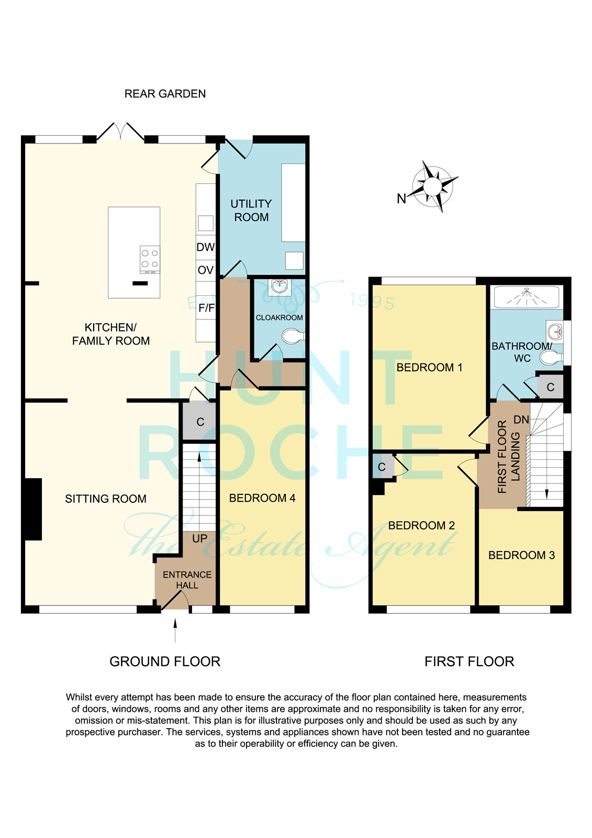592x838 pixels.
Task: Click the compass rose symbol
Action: click(433, 186)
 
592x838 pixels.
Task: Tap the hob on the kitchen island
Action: click(150, 259)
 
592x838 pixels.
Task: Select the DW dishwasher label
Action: click(205, 247)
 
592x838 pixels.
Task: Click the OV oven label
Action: click(205, 270)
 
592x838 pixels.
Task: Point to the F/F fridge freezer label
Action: click(207, 308)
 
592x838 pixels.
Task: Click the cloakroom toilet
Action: click(293, 336)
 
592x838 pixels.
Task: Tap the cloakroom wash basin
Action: click(280, 286)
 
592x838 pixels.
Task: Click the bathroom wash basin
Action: click(555, 332)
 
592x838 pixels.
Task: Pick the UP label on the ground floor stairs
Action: click(200, 538)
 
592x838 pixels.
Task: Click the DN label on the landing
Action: click(521, 420)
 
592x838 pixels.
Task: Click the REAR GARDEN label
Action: click(165, 94)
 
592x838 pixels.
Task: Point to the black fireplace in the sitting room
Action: click(33, 509)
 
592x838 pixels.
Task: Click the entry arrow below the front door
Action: click(175, 631)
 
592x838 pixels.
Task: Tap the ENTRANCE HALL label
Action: click(187, 580)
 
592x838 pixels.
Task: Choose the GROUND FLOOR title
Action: click(165, 661)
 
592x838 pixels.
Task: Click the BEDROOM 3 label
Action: click(521, 555)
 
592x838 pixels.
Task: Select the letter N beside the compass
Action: click(401, 199)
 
